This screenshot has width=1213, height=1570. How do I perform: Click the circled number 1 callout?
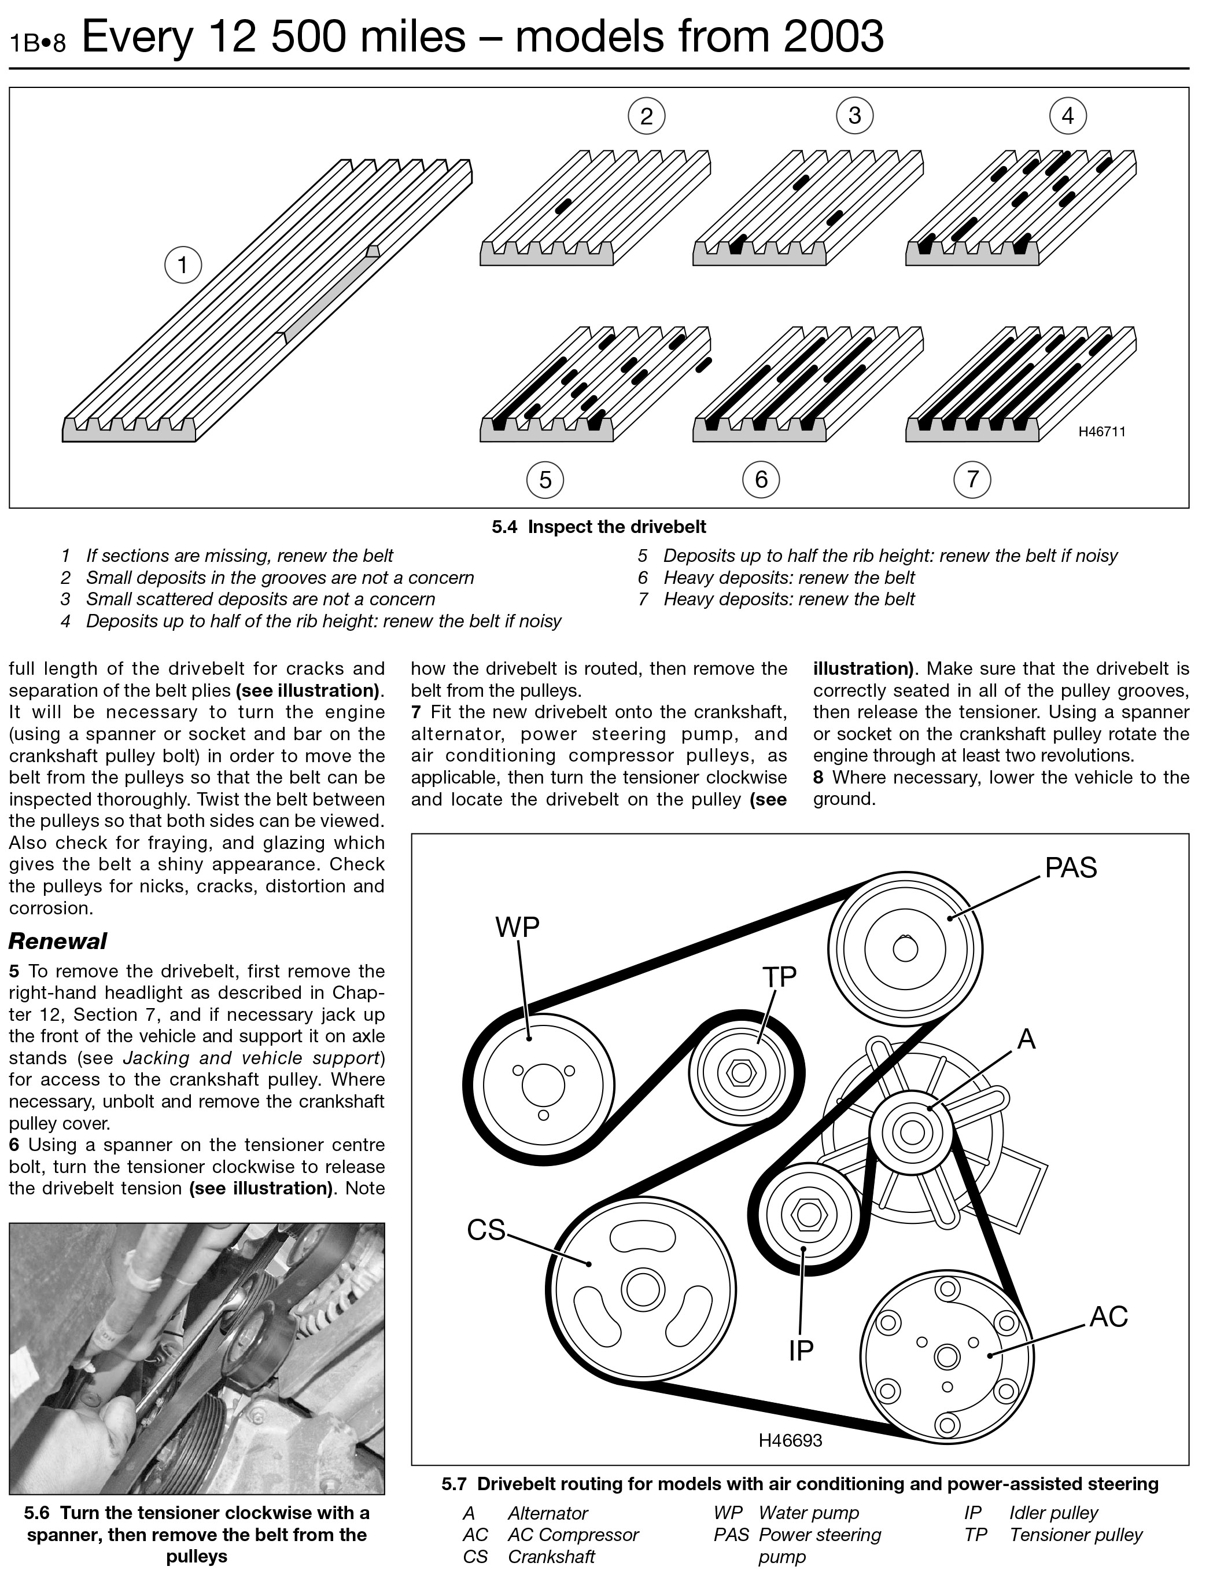(183, 265)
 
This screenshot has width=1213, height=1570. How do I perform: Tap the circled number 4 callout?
(1067, 115)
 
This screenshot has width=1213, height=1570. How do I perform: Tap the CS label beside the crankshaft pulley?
(486, 1229)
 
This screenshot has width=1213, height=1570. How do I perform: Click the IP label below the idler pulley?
(801, 1351)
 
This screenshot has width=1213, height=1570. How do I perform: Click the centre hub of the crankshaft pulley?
(641, 1289)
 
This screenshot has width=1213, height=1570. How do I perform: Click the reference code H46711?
(1101, 432)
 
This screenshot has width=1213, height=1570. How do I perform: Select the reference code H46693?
(790, 1440)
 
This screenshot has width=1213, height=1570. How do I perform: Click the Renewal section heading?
(57, 941)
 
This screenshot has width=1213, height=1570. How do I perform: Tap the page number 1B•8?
(38, 43)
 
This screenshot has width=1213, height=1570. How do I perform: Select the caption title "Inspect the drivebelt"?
(617, 527)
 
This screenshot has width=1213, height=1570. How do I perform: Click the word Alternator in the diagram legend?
(548, 1513)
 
